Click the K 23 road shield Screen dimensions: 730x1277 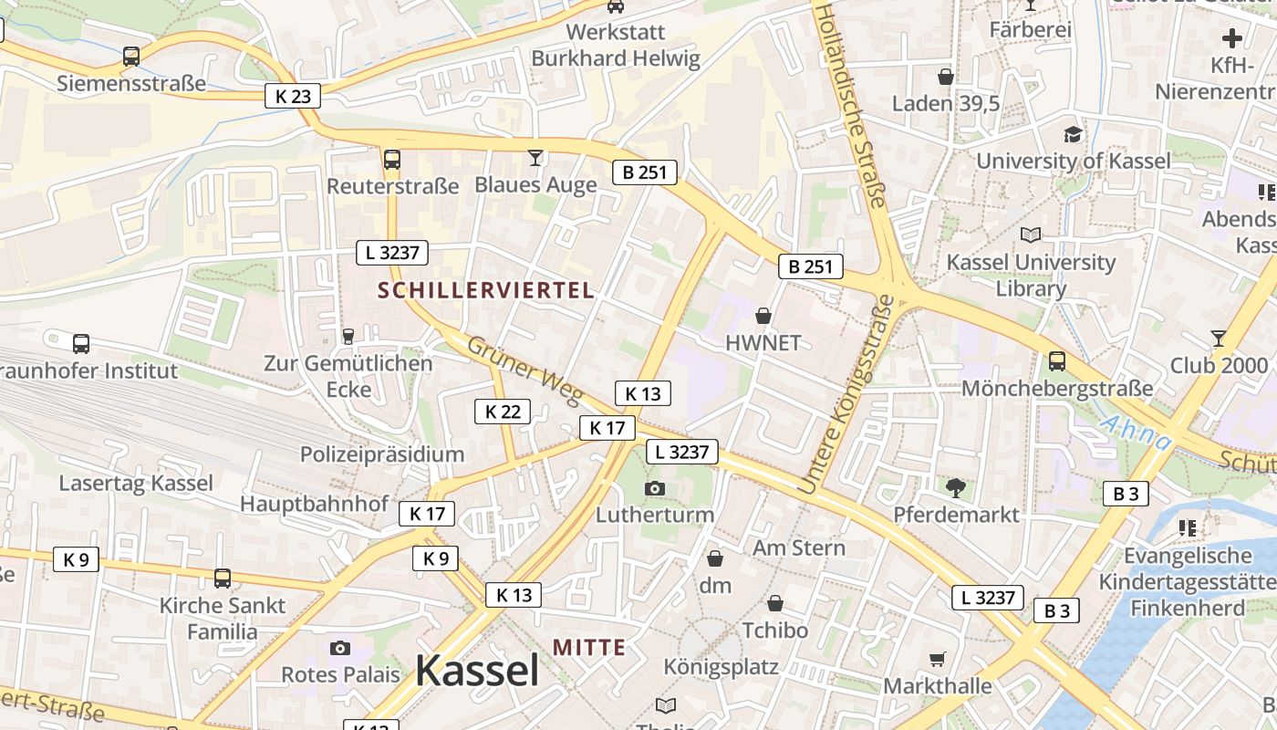(293, 95)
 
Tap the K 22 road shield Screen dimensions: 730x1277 (502, 412)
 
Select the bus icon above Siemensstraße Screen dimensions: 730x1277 (131, 57)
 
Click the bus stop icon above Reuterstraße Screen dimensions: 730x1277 (392, 160)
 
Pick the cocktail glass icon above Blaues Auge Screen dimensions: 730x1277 (535, 158)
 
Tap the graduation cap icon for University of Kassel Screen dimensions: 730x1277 (1073, 135)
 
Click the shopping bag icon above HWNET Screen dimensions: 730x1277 (763, 316)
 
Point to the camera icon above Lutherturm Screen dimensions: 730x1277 (654, 488)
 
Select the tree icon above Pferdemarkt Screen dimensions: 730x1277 (956, 487)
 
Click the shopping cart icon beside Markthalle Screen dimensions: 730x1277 (938, 659)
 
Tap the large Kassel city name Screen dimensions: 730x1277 (477, 672)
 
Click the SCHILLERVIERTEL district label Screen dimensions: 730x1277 (486, 291)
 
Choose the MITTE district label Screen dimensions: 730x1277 (589, 648)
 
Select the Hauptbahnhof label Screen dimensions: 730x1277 (314, 504)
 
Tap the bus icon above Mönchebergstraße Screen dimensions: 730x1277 (1057, 361)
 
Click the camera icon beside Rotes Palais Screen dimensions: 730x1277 (340, 648)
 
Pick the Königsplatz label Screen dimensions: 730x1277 (721, 667)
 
